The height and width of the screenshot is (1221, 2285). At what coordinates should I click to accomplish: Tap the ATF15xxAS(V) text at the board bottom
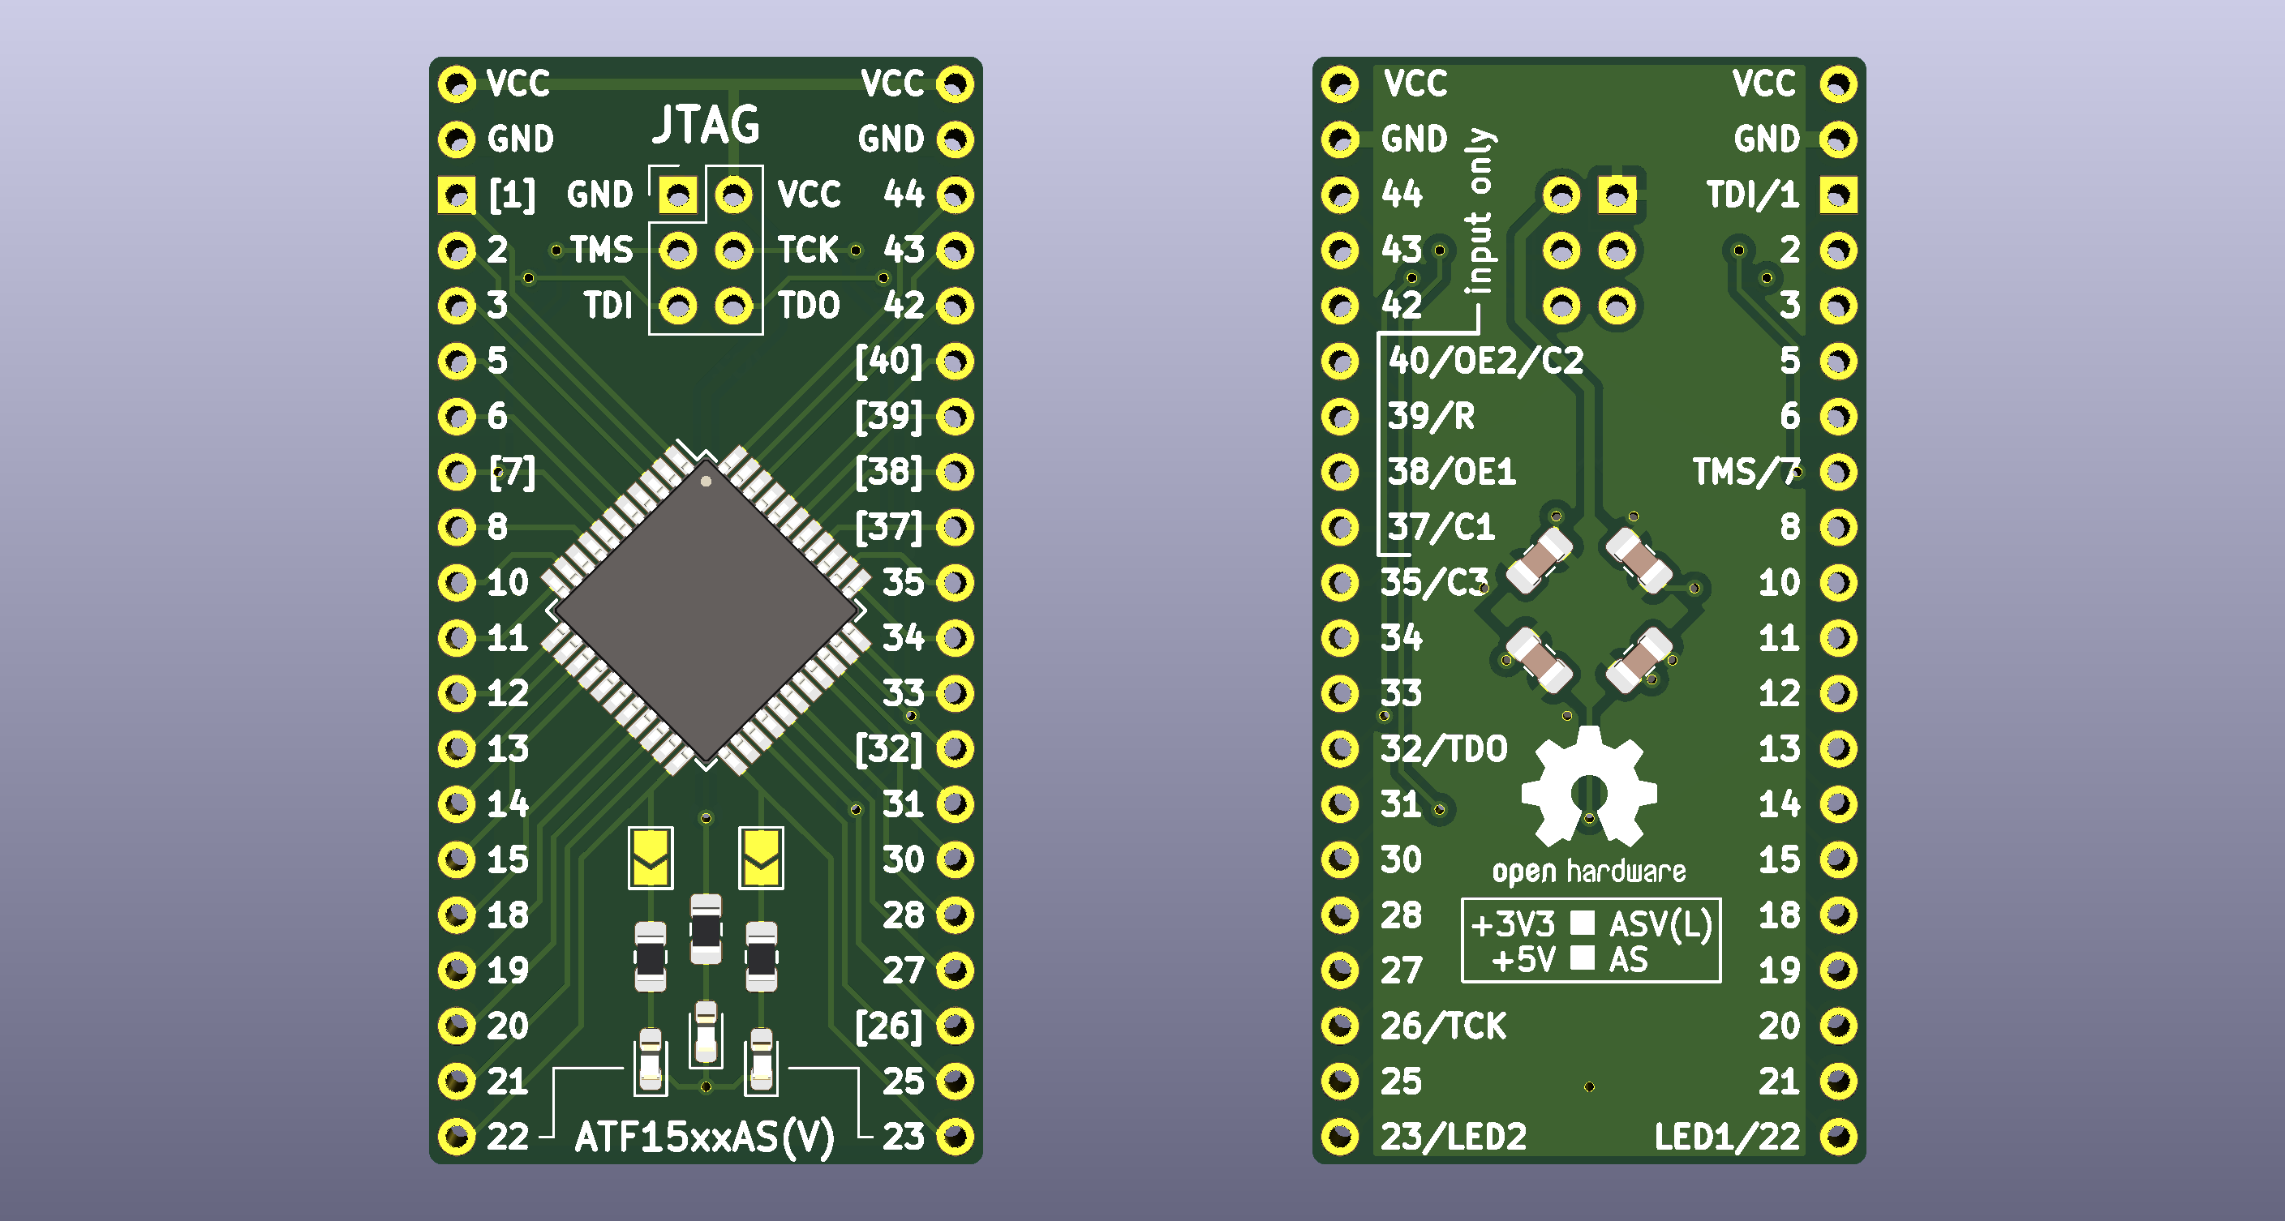tap(705, 1137)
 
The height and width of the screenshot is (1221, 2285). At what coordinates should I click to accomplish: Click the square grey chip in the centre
tap(706, 611)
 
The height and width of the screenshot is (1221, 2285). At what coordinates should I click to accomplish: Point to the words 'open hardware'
tap(1589, 872)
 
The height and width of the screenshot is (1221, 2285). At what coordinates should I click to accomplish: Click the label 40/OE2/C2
tap(1486, 361)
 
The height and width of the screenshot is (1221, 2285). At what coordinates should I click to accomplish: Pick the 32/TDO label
tap(1443, 749)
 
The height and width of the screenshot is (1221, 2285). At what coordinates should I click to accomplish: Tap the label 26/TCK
tap(1442, 1026)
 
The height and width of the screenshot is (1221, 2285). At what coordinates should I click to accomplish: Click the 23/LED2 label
tap(1453, 1137)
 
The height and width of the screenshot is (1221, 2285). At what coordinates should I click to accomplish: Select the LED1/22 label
tap(1726, 1137)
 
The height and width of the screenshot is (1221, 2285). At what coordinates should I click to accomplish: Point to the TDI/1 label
tap(1753, 195)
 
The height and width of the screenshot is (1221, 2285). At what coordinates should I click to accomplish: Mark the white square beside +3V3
tap(1583, 923)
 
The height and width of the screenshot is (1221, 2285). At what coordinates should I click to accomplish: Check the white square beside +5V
tap(1583, 958)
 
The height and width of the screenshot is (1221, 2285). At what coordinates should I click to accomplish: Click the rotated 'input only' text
tap(1480, 211)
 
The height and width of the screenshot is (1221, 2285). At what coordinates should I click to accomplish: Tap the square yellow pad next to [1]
tap(457, 195)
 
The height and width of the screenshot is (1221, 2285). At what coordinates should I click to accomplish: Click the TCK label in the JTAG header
tap(808, 250)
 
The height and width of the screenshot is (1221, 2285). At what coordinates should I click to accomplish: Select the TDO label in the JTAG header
tap(808, 306)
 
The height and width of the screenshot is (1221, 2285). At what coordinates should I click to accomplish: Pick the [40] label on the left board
tap(889, 361)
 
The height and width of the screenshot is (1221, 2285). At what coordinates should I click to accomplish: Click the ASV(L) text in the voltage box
tap(1660, 925)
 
